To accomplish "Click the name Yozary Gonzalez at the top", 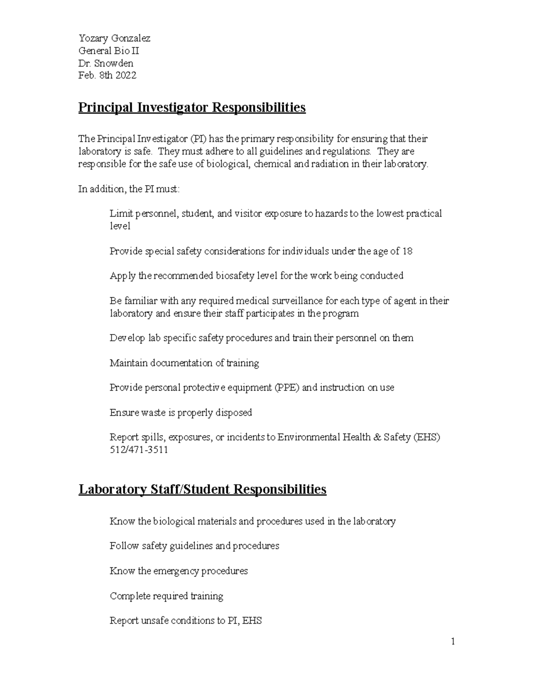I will coord(114,38).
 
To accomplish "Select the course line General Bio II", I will coord(109,51).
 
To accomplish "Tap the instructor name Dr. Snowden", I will coord(106,63).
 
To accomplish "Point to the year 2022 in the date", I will coord(126,76).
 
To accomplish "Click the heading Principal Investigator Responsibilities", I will coord(192,108).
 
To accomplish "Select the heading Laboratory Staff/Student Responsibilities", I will coord(202,489).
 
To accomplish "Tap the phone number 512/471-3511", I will coord(139,450).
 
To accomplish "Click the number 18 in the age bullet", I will coord(407,251).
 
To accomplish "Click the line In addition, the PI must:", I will coord(129,189).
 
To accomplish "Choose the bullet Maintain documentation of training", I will coord(184,363).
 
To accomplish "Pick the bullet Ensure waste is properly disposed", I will coord(181,412).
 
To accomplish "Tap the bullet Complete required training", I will coord(166,596).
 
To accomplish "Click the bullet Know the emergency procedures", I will coord(178,571).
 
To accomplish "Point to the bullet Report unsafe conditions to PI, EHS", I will coord(186,621).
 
